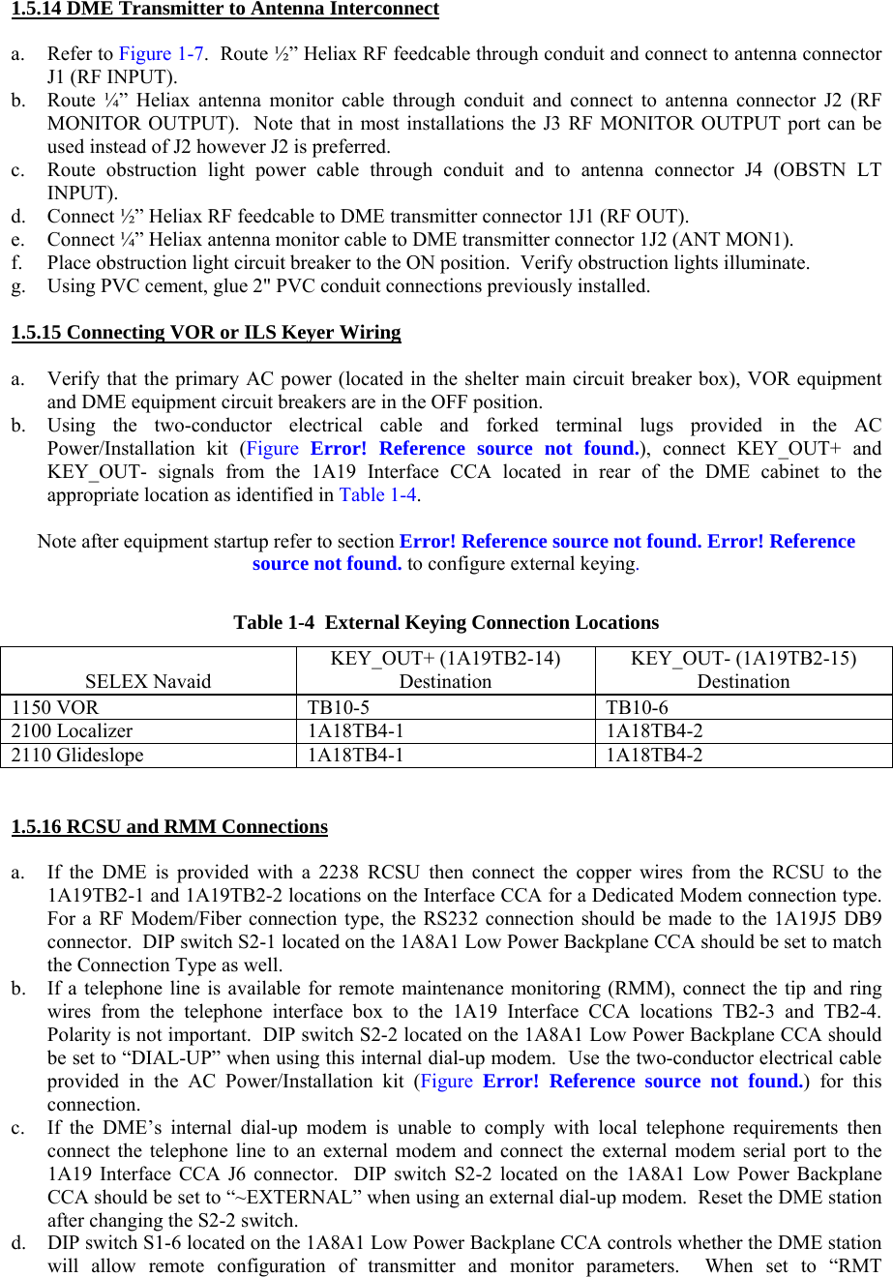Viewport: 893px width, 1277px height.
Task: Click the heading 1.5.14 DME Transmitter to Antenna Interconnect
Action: click(224, 10)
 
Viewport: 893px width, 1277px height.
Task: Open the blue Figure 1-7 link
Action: click(161, 54)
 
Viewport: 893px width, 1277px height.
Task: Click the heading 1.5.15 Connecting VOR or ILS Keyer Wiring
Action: click(206, 333)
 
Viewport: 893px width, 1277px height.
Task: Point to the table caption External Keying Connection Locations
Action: click(446, 623)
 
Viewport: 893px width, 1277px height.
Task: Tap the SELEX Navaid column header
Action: click(148, 682)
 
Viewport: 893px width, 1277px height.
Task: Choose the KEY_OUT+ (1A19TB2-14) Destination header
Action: click(445, 670)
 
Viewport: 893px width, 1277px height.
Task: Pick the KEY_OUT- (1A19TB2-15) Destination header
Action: click(743, 670)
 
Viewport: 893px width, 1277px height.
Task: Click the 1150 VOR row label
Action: click(56, 707)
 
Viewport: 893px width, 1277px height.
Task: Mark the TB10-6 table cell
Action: click(637, 707)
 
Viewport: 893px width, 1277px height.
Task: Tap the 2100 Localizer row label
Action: click(73, 731)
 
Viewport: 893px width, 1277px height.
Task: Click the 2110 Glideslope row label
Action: click(77, 756)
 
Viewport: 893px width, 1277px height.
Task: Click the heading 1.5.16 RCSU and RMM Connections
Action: click(169, 827)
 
